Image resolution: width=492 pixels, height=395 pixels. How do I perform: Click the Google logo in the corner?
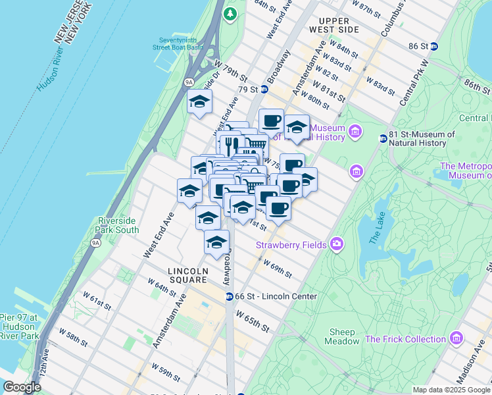click(x=22, y=388)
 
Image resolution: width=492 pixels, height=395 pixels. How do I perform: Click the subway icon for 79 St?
click(x=264, y=90)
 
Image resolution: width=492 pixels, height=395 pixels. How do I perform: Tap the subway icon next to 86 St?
click(x=445, y=46)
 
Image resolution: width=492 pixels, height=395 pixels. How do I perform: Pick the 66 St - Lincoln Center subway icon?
click(x=230, y=296)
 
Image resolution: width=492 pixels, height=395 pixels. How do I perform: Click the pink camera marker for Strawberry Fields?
click(x=337, y=244)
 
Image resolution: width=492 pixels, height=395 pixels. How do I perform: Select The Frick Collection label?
click(x=405, y=339)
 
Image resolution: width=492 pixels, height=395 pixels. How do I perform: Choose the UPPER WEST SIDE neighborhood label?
click(x=335, y=26)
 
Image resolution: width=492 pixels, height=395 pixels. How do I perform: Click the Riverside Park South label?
click(x=118, y=225)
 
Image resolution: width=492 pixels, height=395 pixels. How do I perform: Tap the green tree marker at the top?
click(x=230, y=13)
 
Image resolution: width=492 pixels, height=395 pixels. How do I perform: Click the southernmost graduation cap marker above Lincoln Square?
click(x=216, y=243)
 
